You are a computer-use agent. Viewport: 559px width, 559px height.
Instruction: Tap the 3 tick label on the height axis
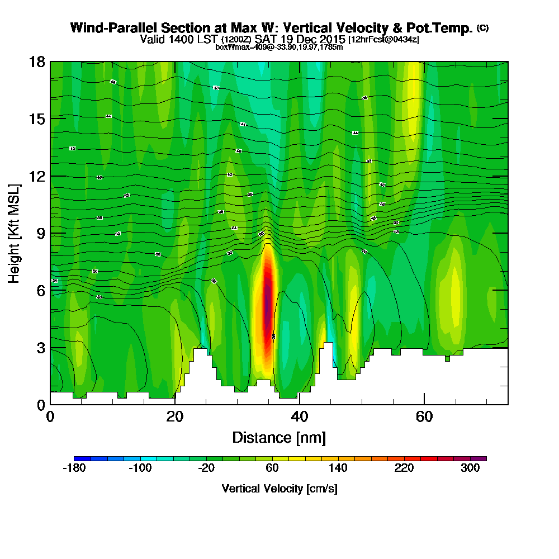[x=41, y=347]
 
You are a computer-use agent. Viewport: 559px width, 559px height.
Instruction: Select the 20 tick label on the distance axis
[x=175, y=416]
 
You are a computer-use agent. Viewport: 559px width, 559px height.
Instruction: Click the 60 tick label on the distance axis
[x=425, y=416]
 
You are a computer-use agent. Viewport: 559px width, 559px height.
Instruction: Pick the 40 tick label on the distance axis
[x=300, y=416]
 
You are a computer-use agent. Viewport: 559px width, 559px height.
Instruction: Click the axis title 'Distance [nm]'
[x=279, y=437]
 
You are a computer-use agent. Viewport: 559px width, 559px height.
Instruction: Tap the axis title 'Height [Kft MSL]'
[x=14, y=233]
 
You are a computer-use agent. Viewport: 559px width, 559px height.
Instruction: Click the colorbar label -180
[x=74, y=468]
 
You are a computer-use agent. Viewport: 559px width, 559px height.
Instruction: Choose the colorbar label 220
[x=404, y=468]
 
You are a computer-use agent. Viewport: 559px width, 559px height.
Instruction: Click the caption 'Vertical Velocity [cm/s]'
[x=279, y=489]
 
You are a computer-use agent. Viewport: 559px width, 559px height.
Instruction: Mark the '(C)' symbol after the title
[x=482, y=27]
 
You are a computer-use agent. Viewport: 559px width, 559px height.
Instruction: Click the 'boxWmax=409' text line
[x=279, y=47]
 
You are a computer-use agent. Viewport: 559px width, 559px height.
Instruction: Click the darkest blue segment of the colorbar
[x=78, y=458]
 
